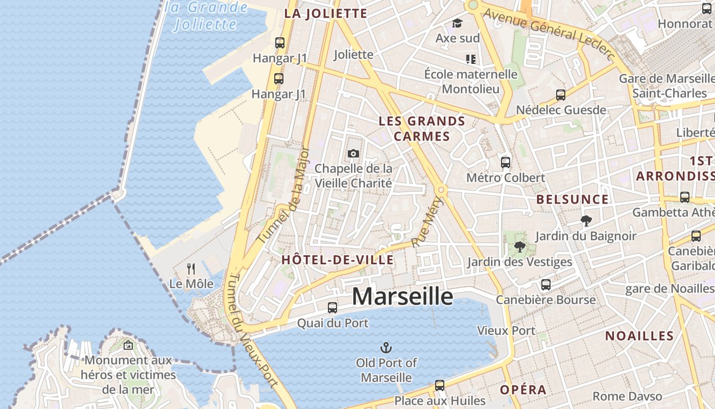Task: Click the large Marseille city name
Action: [402, 297]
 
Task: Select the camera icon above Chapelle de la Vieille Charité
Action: [353, 153]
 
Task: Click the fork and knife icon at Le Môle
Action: [191, 268]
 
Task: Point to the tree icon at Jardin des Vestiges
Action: [520, 247]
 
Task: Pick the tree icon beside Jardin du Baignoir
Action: [586, 221]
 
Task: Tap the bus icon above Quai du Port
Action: [332, 307]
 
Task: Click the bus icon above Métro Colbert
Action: [506, 162]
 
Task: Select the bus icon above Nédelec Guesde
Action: [561, 95]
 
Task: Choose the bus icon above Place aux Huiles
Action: [440, 385]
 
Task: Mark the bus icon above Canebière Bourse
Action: [546, 285]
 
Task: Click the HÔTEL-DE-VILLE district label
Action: [338, 260]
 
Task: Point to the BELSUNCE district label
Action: [573, 199]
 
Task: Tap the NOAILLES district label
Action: [639, 336]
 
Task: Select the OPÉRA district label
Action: [523, 390]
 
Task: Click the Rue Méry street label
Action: [425, 222]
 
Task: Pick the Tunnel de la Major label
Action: [283, 196]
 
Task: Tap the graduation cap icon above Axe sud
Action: [457, 24]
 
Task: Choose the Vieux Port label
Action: [506, 331]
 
